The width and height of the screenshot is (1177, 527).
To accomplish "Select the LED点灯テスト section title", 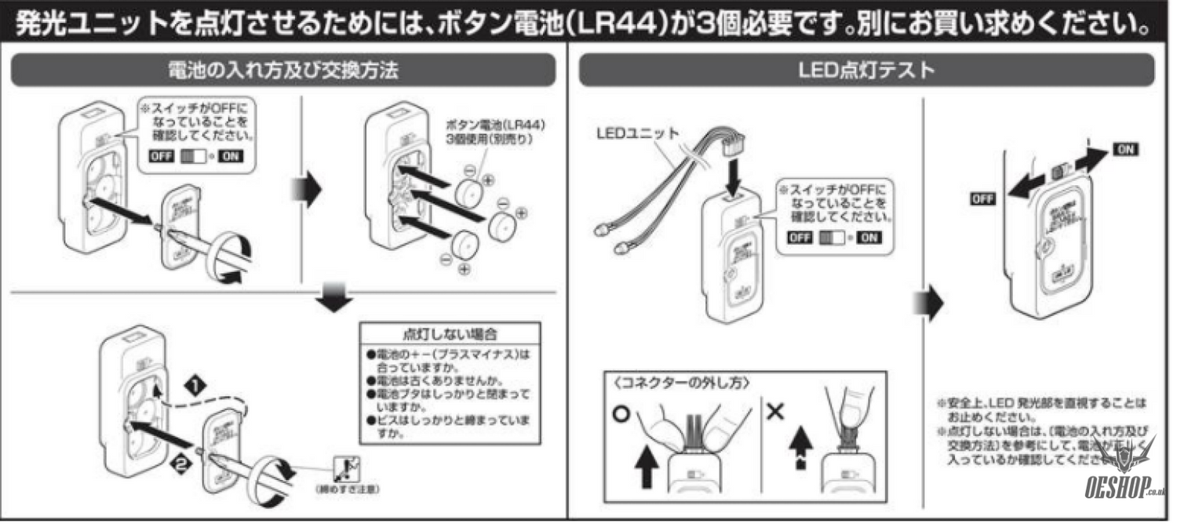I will pyautogui.click(x=866, y=71).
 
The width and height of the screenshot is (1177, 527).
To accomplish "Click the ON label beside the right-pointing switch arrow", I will pyautogui.click(x=1126, y=149).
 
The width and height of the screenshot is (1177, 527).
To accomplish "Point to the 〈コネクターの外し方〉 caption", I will pyautogui.click(x=669, y=383).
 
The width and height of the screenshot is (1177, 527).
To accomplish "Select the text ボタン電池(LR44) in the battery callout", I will pyautogui.click(x=495, y=125).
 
